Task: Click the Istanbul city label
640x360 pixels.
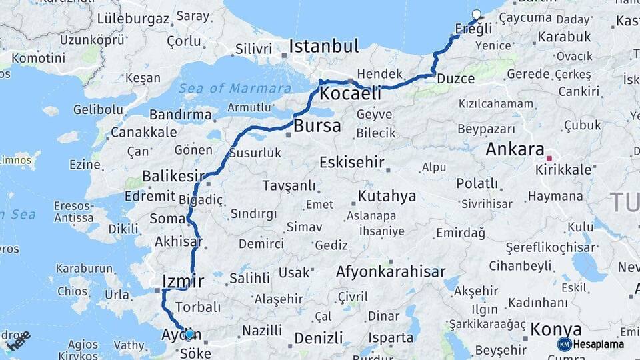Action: pyautogui.click(x=323, y=47)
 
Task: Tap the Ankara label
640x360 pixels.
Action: pyautogui.click(x=515, y=149)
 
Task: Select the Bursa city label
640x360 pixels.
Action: pyautogui.click(x=317, y=125)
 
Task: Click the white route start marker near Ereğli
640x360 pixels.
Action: pyautogui.click(x=476, y=14)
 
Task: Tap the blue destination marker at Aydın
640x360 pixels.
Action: pyautogui.click(x=190, y=334)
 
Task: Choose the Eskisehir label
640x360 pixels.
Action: pyautogui.click(x=352, y=162)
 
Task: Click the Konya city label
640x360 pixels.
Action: pyautogui.click(x=556, y=329)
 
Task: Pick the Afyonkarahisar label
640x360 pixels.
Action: pyautogui.click(x=391, y=272)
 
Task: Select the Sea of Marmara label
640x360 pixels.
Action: pyautogui.click(x=235, y=88)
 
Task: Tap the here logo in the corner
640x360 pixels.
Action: pyautogui.click(x=18, y=341)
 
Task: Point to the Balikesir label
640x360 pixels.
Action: pyautogui.click(x=172, y=177)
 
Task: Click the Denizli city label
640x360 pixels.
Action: pyautogui.click(x=318, y=338)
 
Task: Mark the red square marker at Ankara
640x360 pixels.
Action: pyautogui.click(x=549, y=159)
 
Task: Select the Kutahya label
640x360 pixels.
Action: pyautogui.click(x=387, y=196)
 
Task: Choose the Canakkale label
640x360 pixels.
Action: pyautogui.click(x=143, y=132)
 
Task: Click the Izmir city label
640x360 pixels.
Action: pyautogui.click(x=183, y=281)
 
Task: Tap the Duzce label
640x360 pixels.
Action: pyautogui.click(x=456, y=79)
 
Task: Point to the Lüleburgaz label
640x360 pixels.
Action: pyautogui.click(x=133, y=19)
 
